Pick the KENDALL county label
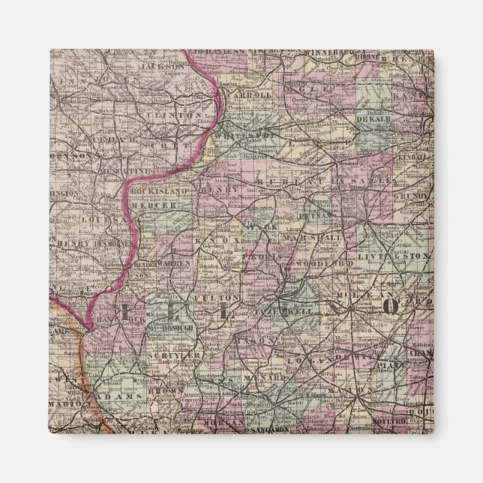[415, 162]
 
